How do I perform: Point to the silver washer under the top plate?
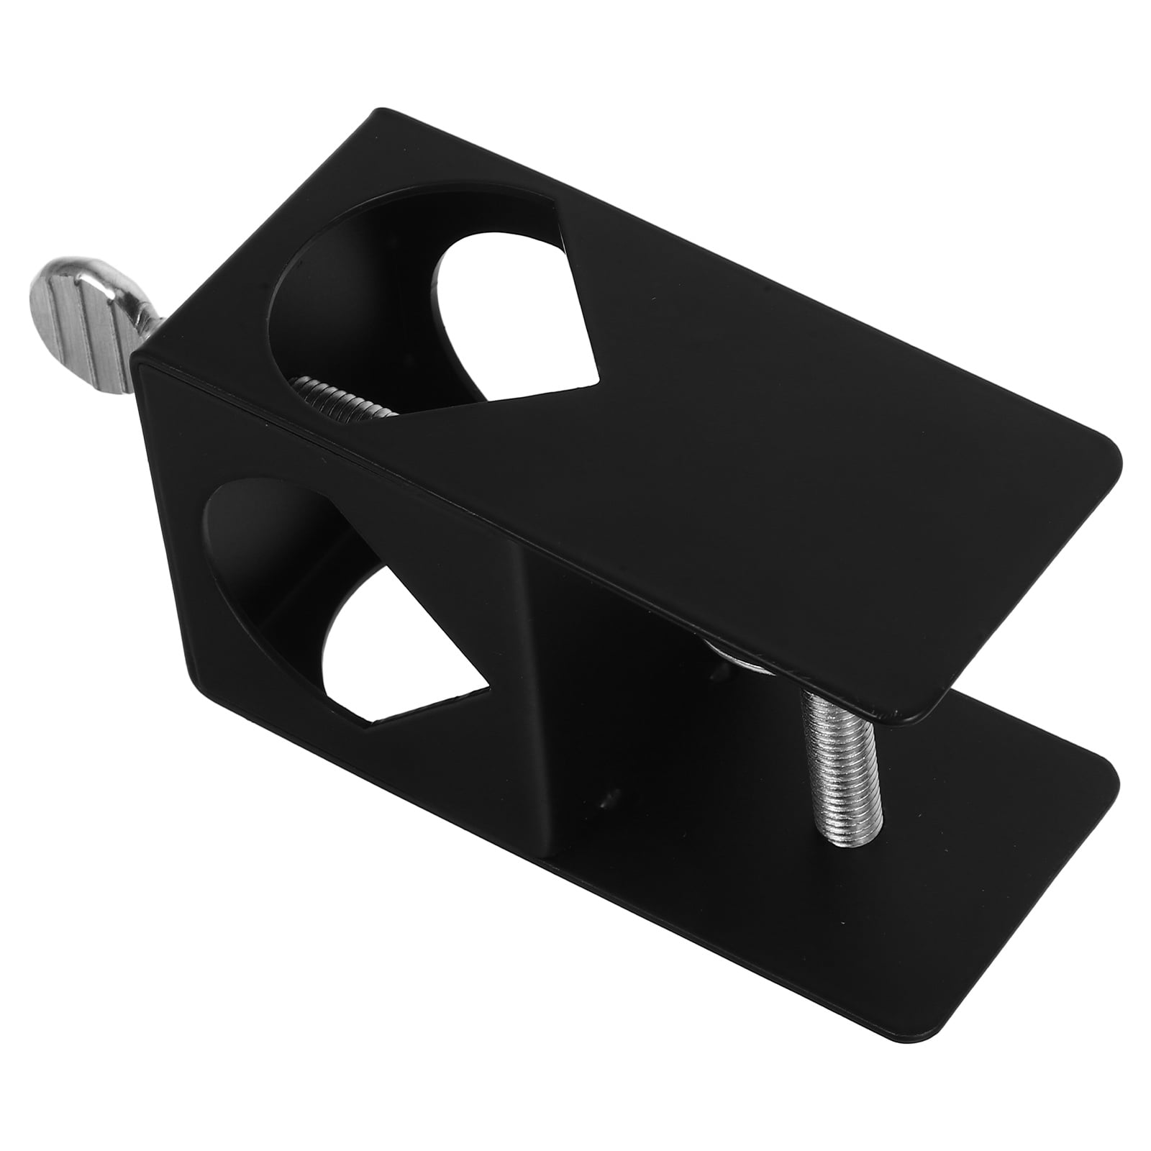tap(741, 663)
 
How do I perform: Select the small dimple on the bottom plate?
tap(610, 795)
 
